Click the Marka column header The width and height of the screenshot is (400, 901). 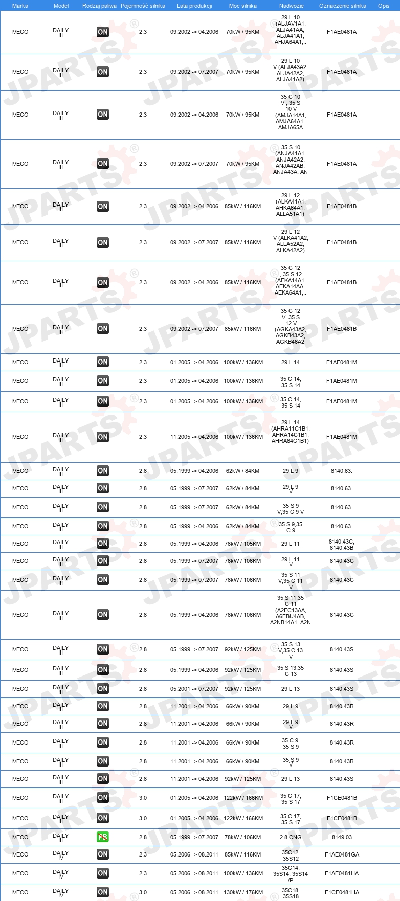click(x=20, y=6)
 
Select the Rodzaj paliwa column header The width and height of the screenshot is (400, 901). click(x=99, y=6)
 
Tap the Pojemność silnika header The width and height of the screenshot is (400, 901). click(x=143, y=6)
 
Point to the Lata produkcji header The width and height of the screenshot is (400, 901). click(x=194, y=6)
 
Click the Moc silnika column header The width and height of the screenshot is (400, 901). click(x=242, y=6)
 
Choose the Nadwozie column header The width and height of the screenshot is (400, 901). click(x=291, y=6)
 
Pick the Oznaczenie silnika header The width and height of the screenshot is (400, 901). click(x=342, y=6)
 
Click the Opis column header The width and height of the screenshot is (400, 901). click(x=384, y=6)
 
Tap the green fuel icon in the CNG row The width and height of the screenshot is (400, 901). click(x=103, y=837)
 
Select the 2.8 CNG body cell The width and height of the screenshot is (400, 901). click(x=291, y=837)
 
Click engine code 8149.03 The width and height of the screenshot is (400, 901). click(x=342, y=837)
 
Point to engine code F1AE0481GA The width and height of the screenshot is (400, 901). click(x=342, y=854)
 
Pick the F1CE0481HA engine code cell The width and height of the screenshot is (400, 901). click(x=342, y=892)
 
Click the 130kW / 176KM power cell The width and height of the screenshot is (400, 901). click(x=242, y=892)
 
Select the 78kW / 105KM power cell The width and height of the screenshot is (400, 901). click(x=242, y=544)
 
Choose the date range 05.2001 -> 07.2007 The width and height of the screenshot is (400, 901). click(x=194, y=689)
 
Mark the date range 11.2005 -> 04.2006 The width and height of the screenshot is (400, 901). click(x=194, y=437)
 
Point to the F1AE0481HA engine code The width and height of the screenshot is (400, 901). click(x=342, y=873)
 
